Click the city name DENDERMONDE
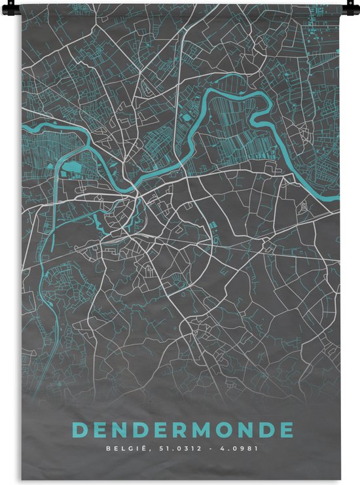(183, 430)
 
